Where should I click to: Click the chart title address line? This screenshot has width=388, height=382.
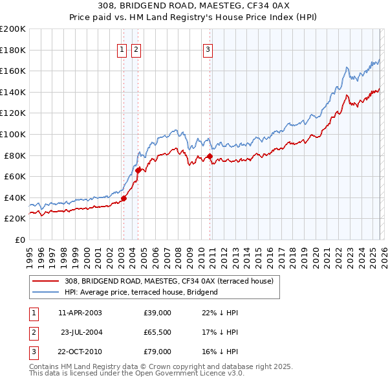[x=193, y=6]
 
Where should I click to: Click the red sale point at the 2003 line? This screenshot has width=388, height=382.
[x=124, y=199]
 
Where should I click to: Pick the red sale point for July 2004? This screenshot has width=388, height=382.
[x=138, y=170]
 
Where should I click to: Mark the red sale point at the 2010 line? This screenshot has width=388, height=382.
[x=210, y=156]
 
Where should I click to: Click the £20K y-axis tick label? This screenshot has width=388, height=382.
[x=15, y=219]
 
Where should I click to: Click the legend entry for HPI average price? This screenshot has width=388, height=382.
[x=141, y=292]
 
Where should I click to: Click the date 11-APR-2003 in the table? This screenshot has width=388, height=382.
[x=80, y=313]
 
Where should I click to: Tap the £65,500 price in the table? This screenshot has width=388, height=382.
[x=158, y=332]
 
